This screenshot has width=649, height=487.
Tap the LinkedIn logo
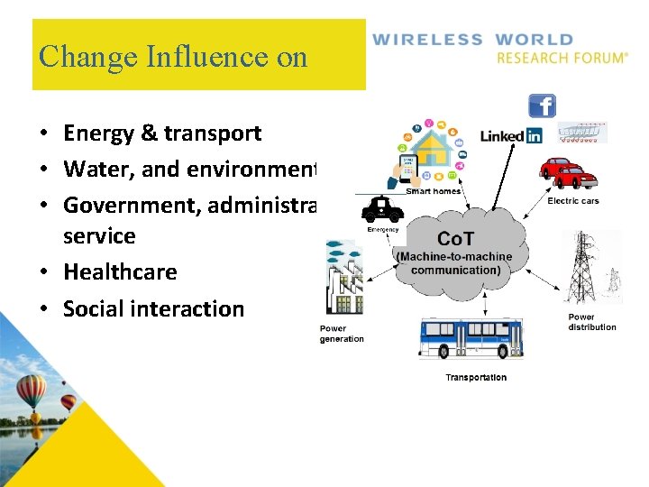pyautogui.click(x=510, y=136)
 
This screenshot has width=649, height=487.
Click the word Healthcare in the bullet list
pyautogui.click(x=120, y=271)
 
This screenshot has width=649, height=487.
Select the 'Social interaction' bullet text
pyautogui.click(x=153, y=308)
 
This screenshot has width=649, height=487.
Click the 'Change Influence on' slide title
pyautogui.click(x=173, y=57)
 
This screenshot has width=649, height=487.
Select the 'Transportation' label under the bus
pyautogui.click(x=476, y=377)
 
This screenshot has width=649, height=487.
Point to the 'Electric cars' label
pyautogui.click(x=573, y=201)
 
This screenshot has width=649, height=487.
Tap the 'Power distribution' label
pyautogui.click(x=592, y=322)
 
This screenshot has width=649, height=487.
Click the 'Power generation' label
pyautogui.click(x=342, y=334)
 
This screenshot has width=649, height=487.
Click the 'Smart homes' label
pyautogui.click(x=434, y=191)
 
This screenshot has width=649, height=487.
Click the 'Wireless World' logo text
pyautogui.click(x=473, y=41)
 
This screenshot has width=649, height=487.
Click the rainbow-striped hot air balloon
pyautogui.click(x=32, y=391)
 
